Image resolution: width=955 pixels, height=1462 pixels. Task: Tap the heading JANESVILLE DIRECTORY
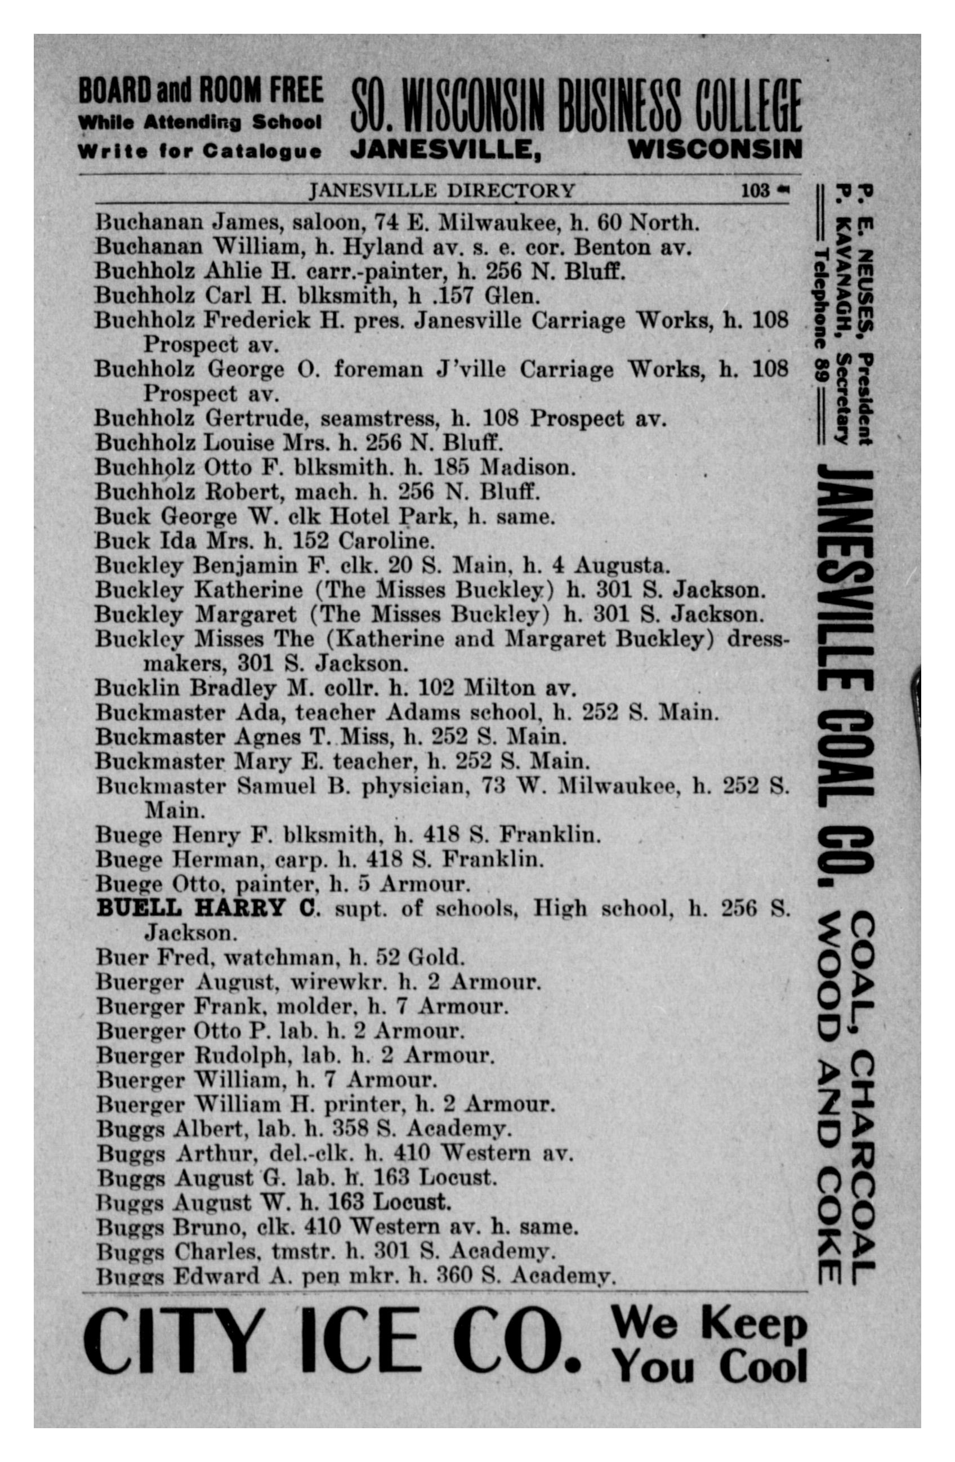click(x=441, y=191)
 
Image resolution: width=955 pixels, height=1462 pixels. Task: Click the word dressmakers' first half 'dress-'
click(x=757, y=639)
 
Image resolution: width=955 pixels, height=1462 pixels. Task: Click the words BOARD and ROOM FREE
click(x=201, y=90)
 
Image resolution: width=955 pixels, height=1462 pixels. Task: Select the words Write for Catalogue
click(x=200, y=151)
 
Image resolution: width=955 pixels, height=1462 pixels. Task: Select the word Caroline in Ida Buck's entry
click(x=386, y=541)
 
